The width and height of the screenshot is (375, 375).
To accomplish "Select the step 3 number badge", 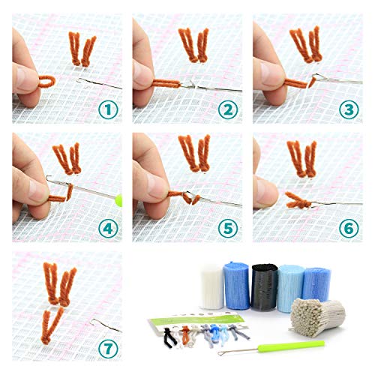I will click(349, 110).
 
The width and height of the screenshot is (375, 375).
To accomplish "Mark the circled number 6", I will click(349, 227).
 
